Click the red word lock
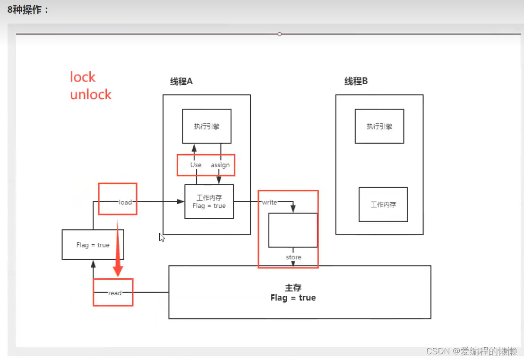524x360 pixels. tap(83, 77)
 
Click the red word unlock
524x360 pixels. tap(91, 94)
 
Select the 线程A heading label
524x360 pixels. tap(181, 81)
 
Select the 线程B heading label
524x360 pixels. tap(356, 81)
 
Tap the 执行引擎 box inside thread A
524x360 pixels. tap(206, 126)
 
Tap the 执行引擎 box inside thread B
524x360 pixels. tap(379, 126)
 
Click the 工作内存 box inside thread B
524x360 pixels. tap(383, 205)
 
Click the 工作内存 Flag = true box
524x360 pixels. tap(209, 202)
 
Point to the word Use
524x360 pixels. tap(196, 165)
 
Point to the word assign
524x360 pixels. tap(220, 165)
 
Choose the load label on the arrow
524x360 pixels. tap(125, 202)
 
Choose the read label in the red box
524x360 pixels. tap(115, 293)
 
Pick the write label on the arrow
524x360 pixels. tap(269, 202)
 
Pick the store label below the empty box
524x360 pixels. tap(293, 257)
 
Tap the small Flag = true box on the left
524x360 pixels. tap(93, 245)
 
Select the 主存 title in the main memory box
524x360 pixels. tap(293, 287)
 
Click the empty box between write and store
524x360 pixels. tap(293, 230)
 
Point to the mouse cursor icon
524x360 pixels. tap(162, 237)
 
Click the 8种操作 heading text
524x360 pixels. tap(28, 9)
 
